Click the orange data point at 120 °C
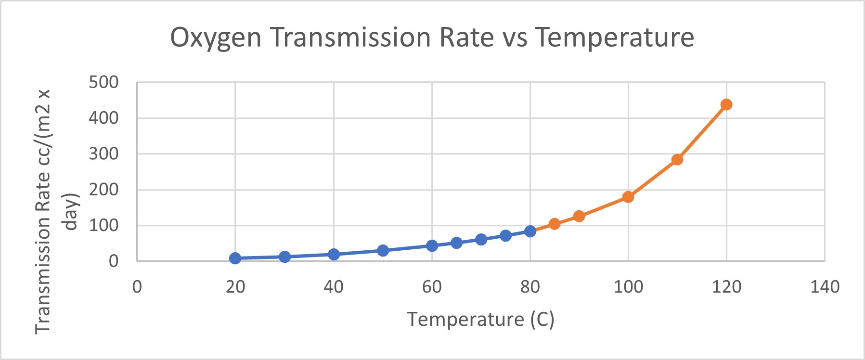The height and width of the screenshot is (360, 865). [x=726, y=104]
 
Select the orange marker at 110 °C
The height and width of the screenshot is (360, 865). [x=677, y=159]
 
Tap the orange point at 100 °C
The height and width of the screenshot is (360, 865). [x=628, y=197]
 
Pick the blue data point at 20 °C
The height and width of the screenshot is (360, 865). [x=235, y=258]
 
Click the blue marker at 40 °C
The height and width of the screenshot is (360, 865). [x=334, y=254]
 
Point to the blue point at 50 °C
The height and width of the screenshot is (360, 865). [x=383, y=250]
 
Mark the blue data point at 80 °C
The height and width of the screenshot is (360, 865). [x=530, y=231]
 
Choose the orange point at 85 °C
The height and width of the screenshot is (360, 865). [x=555, y=224]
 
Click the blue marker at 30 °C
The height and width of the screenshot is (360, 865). [x=284, y=257]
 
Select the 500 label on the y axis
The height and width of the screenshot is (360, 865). [x=103, y=82]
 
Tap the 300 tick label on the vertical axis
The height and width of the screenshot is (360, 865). [x=103, y=154]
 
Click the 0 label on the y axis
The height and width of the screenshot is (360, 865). [x=114, y=261]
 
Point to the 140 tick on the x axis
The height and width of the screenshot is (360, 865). [x=825, y=287]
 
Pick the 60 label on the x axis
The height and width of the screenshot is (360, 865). [x=432, y=287]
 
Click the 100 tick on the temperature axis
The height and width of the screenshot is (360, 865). [x=628, y=287]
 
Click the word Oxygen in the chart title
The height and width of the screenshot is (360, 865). [x=216, y=38]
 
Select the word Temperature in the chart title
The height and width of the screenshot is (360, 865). [x=615, y=38]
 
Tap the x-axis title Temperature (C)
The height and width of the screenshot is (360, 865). [x=481, y=319]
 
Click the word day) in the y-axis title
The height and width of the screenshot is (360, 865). [x=71, y=212]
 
